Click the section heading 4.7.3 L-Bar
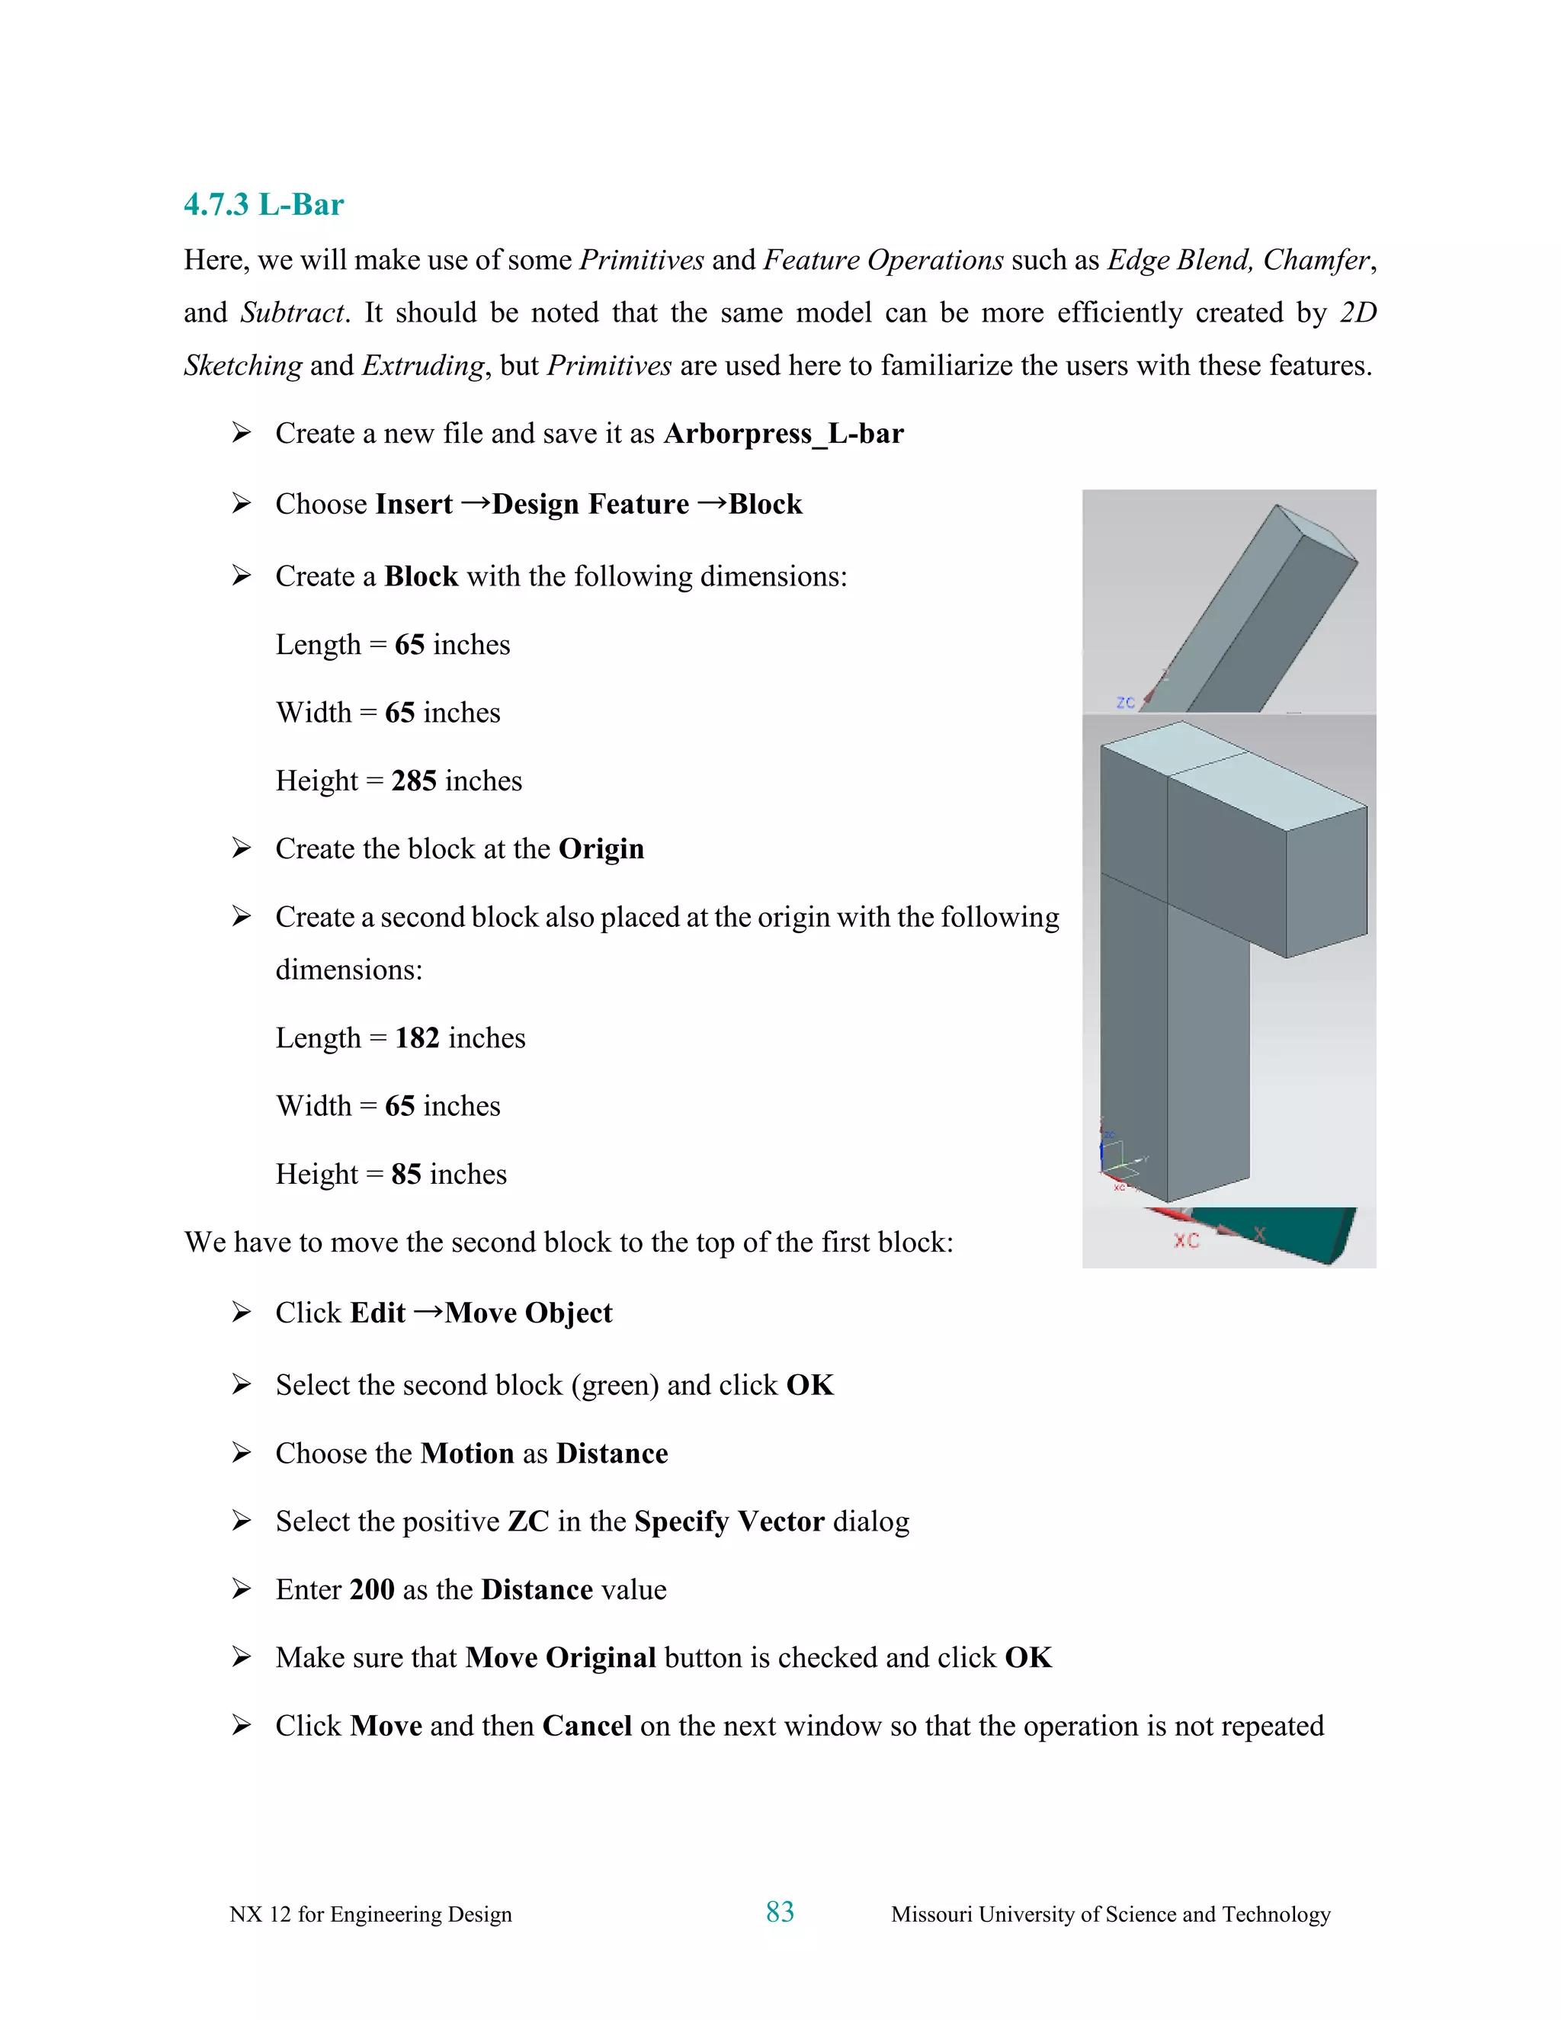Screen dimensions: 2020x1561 [x=264, y=204]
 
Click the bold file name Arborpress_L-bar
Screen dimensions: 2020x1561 [x=784, y=433]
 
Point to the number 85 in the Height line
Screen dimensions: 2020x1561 [x=406, y=1174]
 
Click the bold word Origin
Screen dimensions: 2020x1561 [x=601, y=848]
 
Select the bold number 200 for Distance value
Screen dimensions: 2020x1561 [x=373, y=1589]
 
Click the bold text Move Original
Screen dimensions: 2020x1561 [x=560, y=1657]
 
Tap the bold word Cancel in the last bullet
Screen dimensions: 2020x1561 [x=586, y=1726]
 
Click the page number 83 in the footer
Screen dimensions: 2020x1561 [x=780, y=1912]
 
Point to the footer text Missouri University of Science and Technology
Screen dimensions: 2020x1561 [x=1110, y=1913]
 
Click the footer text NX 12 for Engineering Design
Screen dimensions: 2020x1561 [x=370, y=1913]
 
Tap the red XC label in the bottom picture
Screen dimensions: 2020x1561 [x=1187, y=1240]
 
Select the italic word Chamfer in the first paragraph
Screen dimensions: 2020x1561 [x=1315, y=260]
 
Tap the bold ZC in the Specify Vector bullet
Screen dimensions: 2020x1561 [x=528, y=1521]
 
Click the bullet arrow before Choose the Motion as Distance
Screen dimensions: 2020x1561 [x=242, y=1452]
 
